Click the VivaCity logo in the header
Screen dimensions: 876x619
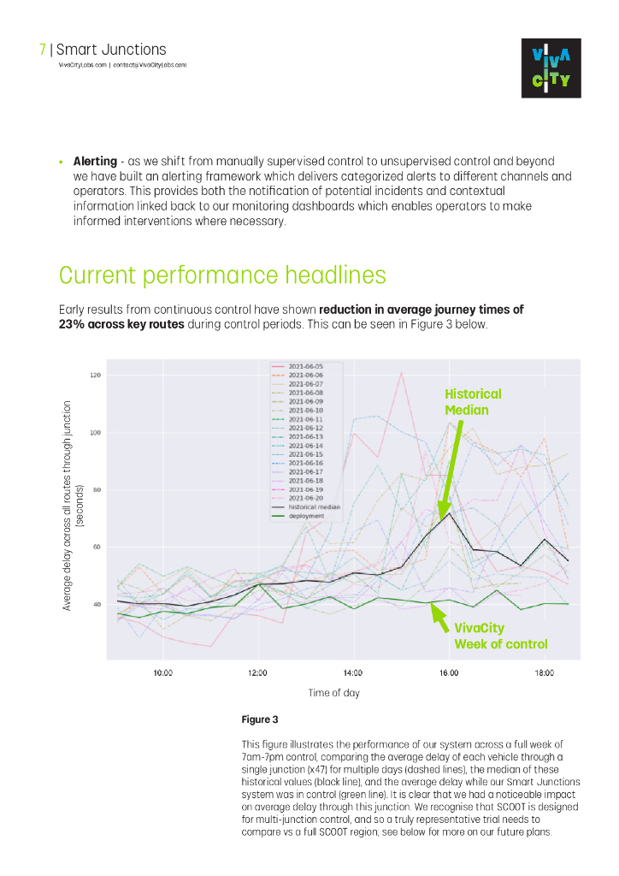[551, 68]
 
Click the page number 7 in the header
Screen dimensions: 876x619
[43, 50]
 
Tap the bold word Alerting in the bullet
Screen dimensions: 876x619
[94, 161]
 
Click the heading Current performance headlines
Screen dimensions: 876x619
[222, 275]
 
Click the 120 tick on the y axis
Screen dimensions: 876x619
[95, 376]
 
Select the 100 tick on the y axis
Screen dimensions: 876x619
[95, 433]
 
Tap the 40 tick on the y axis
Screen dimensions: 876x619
[97, 604]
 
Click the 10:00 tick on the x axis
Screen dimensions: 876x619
[162, 673]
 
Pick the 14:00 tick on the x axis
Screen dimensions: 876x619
[353, 673]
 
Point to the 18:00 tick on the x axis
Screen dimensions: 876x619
[544, 673]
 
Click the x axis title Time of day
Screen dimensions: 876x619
[334, 693]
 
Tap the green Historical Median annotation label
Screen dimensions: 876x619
[473, 402]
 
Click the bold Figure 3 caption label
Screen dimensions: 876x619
[260, 720]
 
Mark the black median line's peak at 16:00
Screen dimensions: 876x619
[448, 512]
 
